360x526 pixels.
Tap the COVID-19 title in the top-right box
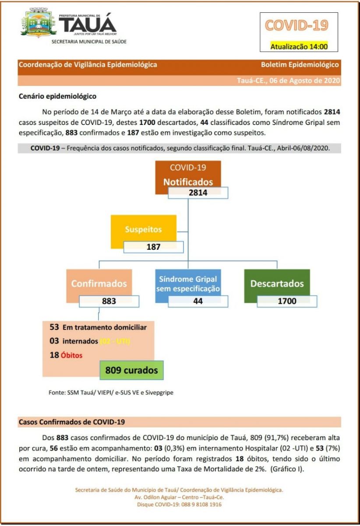click(298, 25)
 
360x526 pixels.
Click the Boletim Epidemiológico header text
click(300, 64)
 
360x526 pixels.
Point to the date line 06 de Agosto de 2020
click(288, 81)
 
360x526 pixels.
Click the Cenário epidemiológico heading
click(57, 96)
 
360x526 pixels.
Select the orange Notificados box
click(188, 175)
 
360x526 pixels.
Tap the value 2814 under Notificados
click(198, 193)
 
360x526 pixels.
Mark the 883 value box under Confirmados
click(109, 301)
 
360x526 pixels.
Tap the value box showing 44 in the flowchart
click(198, 301)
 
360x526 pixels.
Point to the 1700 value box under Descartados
click(287, 301)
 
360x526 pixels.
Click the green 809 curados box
click(131, 370)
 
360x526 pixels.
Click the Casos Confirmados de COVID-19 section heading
click(72, 422)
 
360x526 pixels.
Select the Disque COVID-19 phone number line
click(179, 505)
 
